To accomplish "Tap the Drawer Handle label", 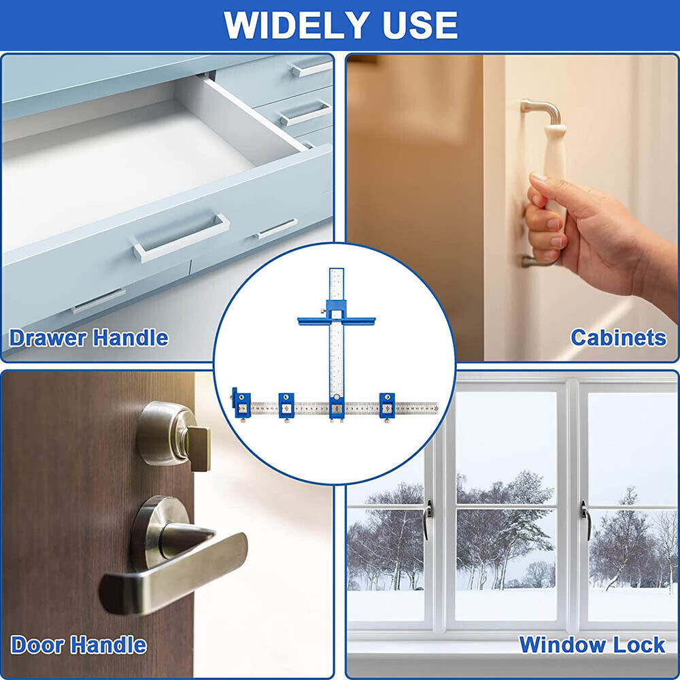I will (88, 338).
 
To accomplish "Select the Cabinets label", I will (618, 337).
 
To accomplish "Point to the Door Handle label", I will (78, 645).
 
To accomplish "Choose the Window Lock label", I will (592, 645).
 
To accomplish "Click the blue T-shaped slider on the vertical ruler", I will (336, 316).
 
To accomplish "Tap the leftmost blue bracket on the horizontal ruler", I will (241, 407).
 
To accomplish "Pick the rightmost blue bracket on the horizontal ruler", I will (386, 407).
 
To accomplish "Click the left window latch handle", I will (428, 518).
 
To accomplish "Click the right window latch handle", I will (585, 518).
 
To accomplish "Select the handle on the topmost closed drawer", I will (311, 69).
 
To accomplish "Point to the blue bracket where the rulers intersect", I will (336, 407).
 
